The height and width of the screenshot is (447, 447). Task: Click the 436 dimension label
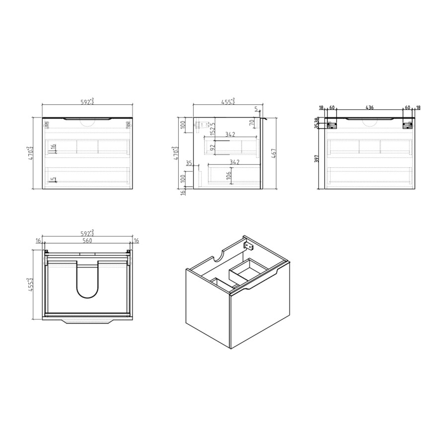point(370,108)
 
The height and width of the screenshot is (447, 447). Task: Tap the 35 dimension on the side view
point(189,162)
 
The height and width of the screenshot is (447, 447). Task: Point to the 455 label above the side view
point(228,102)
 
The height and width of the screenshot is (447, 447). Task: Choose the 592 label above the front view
point(88,102)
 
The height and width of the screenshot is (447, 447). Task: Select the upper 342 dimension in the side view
point(230,135)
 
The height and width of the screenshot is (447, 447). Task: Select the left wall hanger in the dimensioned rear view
point(332,126)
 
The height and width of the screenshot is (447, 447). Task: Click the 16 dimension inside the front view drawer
point(54,148)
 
